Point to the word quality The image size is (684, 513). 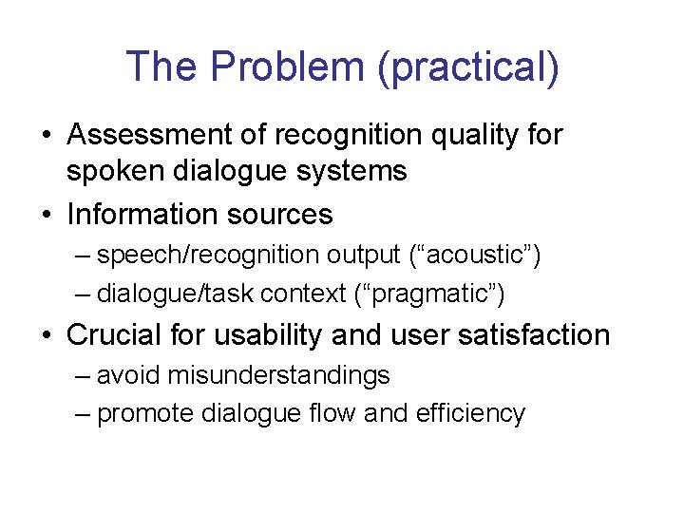472,136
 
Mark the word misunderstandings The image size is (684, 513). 278,376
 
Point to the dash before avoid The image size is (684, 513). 83,376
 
